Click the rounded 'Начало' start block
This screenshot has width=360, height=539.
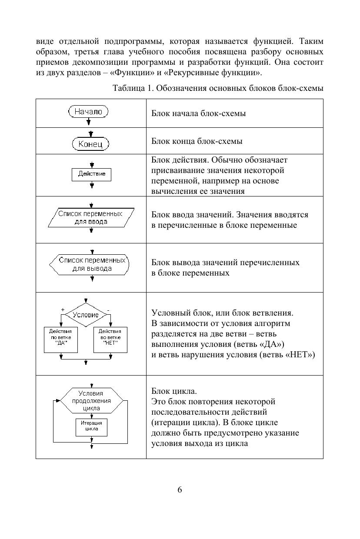pyautogui.click(x=88, y=112)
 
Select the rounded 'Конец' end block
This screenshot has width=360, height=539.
pyautogui.click(x=90, y=144)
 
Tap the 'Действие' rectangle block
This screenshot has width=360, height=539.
pyautogui.click(x=91, y=174)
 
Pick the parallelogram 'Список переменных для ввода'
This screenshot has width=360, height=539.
pyautogui.click(x=90, y=217)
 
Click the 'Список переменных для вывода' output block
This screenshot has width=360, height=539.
pyautogui.click(x=91, y=265)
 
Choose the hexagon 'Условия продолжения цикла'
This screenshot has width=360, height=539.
pyautogui.click(x=91, y=400)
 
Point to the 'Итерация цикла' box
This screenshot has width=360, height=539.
pyautogui.click(x=91, y=426)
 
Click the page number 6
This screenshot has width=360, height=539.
pyautogui.click(x=180, y=489)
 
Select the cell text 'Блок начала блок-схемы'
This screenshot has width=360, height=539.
pyautogui.click(x=198, y=113)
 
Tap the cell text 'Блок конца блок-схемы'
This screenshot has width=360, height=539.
pyautogui.click(x=197, y=141)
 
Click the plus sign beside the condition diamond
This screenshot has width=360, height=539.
pyautogui.click(x=63, y=309)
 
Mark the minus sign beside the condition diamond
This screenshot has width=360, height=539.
pyautogui.click(x=108, y=309)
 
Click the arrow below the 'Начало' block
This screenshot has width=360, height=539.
pyautogui.click(x=89, y=122)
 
